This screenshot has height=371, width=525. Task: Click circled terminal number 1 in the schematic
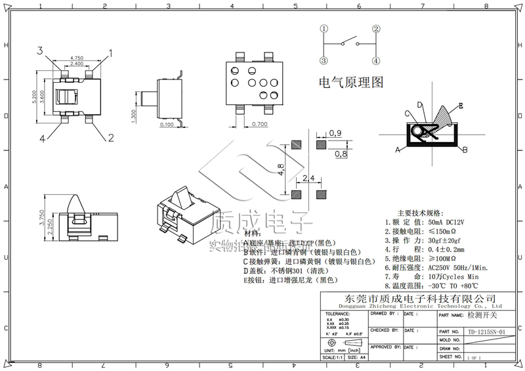[x=324, y=29]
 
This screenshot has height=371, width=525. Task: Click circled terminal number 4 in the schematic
[x=376, y=61]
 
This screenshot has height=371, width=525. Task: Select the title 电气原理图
[x=350, y=83]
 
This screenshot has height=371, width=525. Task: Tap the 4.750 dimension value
[x=77, y=58]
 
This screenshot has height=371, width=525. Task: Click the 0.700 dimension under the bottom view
[x=259, y=124]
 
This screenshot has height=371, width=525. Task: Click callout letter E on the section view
[x=461, y=105]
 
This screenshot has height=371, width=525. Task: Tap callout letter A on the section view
[x=398, y=150]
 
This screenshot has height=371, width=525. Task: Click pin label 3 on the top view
[x=39, y=51]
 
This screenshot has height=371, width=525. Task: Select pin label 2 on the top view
[x=111, y=137]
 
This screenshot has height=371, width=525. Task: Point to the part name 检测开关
[x=482, y=316]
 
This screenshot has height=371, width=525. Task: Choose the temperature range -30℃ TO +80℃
[x=452, y=286]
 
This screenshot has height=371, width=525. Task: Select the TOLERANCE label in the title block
[x=339, y=315]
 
